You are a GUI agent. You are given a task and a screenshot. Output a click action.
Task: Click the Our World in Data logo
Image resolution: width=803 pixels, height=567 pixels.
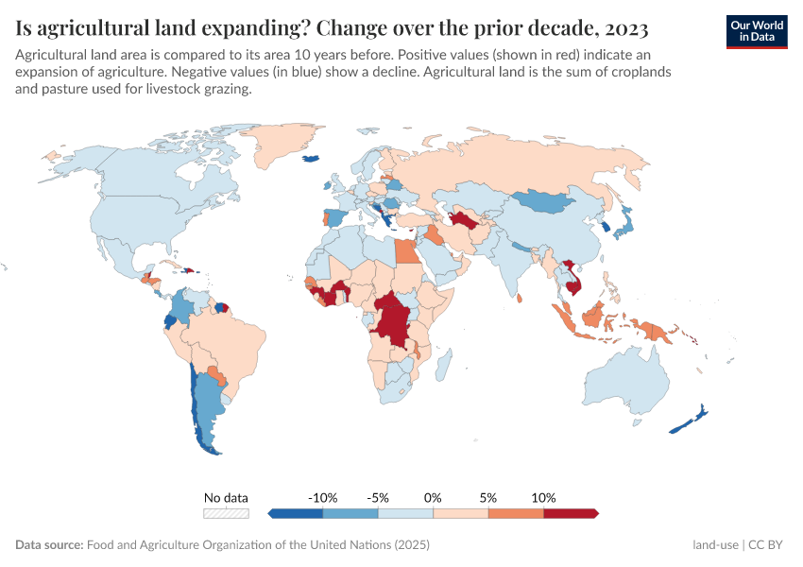click(x=756, y=31)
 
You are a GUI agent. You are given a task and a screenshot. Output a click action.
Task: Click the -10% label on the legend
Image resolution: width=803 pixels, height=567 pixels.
click(x=323, y=497)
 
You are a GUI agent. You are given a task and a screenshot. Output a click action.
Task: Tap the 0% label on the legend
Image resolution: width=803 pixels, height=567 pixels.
click(x=434, y=497)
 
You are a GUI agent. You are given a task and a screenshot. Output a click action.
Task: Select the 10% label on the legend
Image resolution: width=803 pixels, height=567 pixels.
click(x=544, y=497)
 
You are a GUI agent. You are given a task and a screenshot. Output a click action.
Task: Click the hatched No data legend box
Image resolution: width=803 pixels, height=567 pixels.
click(x=227, y=513)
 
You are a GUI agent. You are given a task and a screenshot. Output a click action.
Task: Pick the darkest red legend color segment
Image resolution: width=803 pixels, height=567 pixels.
click(x=571, y=513)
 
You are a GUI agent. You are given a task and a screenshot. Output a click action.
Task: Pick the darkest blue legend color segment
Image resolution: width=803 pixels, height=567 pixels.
click(x=297, y=513)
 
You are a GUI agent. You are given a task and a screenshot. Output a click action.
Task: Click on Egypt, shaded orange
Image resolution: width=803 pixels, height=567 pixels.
click(x=404, y=253)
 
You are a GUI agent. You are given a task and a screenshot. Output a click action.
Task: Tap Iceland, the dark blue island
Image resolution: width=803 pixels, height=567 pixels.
click(x=310, y=159)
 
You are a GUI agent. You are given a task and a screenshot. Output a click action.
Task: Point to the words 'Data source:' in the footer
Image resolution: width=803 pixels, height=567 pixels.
click(x=49, y=545)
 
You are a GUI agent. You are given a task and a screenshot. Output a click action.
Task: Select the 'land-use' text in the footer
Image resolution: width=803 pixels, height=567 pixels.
click(x=714, y=545)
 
